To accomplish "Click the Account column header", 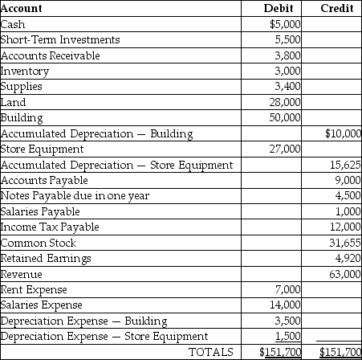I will [22, 9].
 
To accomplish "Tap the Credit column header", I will [338, 9].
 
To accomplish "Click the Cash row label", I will [14, 24].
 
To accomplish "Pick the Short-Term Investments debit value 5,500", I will [287, 39].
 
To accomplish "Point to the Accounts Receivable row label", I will [51, 55].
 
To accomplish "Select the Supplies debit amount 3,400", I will [287, 86].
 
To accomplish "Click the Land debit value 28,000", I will [284, 102].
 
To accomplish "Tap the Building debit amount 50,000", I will [284, 117].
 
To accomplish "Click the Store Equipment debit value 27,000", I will [284, 149].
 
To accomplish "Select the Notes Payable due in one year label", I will [64, 195].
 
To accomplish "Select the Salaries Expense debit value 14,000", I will [284, 305].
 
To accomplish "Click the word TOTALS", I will [210, 352].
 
